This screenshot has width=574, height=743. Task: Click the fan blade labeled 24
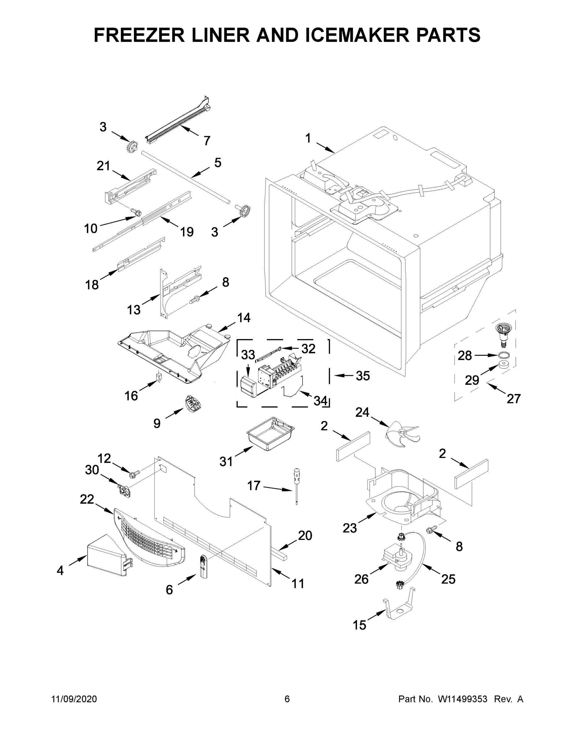(401, 433)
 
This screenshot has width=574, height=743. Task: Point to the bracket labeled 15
(399, 611)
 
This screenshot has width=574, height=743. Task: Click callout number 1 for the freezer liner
(308, 138)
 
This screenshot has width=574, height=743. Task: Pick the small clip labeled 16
(158, 376)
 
